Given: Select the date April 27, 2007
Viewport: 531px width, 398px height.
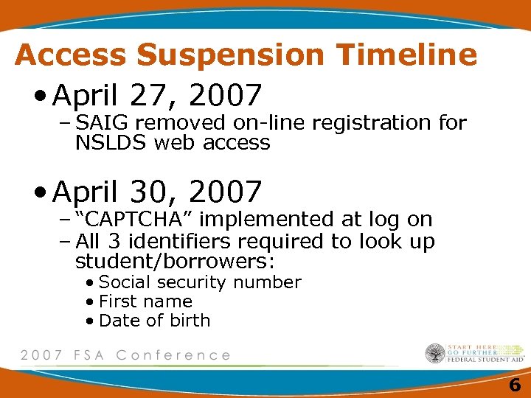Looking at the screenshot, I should [x=158, y=95].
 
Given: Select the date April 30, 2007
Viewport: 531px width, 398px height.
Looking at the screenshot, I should [x=158, y=192].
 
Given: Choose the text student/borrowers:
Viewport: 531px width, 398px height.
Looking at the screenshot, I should [x=175, y=262].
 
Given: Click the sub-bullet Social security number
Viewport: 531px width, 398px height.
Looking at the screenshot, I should [x=200, y=282].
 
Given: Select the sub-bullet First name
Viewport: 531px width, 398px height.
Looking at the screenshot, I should [x=145, y=301].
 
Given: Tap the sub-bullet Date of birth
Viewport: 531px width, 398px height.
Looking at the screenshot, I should [x=154, y=321].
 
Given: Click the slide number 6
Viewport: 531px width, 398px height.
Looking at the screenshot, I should [x=514, y=385].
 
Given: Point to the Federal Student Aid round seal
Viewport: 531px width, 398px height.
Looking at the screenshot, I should [x=435, y=354].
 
